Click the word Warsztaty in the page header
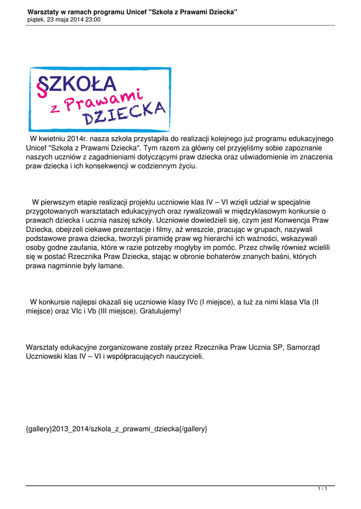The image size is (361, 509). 43,11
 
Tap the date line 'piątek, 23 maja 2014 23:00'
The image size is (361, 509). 64,20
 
